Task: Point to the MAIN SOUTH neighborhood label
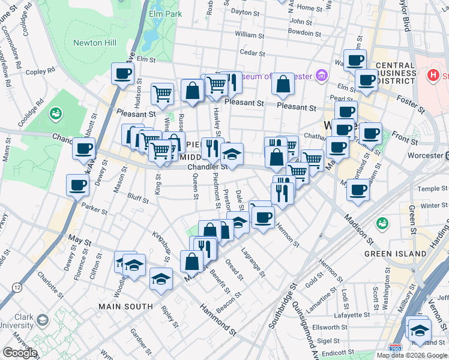(x=127, y=307)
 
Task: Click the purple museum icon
(x=322, y=76)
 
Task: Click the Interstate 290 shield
(x=395, y=347)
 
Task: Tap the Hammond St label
(x=217, y=319)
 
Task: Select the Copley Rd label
(x=40, y=72)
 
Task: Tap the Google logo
(x=20, y=352)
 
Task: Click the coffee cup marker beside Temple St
(x=358, y=191)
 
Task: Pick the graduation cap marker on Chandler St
(x=232, y=155)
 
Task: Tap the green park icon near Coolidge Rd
(x=56, y=112)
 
